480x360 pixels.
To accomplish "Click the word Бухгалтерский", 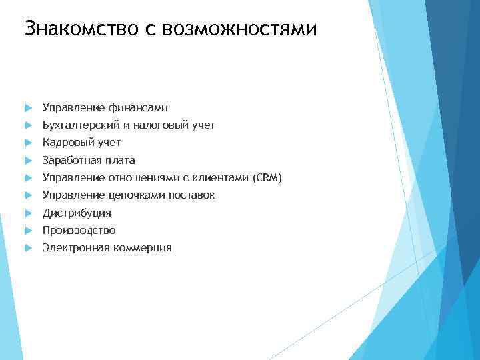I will pos(77,125).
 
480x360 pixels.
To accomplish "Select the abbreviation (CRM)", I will pos(267,178).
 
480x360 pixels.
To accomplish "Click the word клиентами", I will pos(221,178).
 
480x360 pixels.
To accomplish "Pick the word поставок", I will pos(191,195).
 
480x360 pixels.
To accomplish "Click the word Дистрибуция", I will pos(77,213).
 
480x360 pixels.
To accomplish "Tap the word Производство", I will pos(79,231).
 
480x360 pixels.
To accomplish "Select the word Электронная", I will pos(73,248).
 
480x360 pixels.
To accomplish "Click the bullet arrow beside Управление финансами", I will pos(27,108).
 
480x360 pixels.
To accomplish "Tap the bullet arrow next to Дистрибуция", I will pos(27,213).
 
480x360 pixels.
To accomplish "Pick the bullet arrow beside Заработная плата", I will pos(27,161).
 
